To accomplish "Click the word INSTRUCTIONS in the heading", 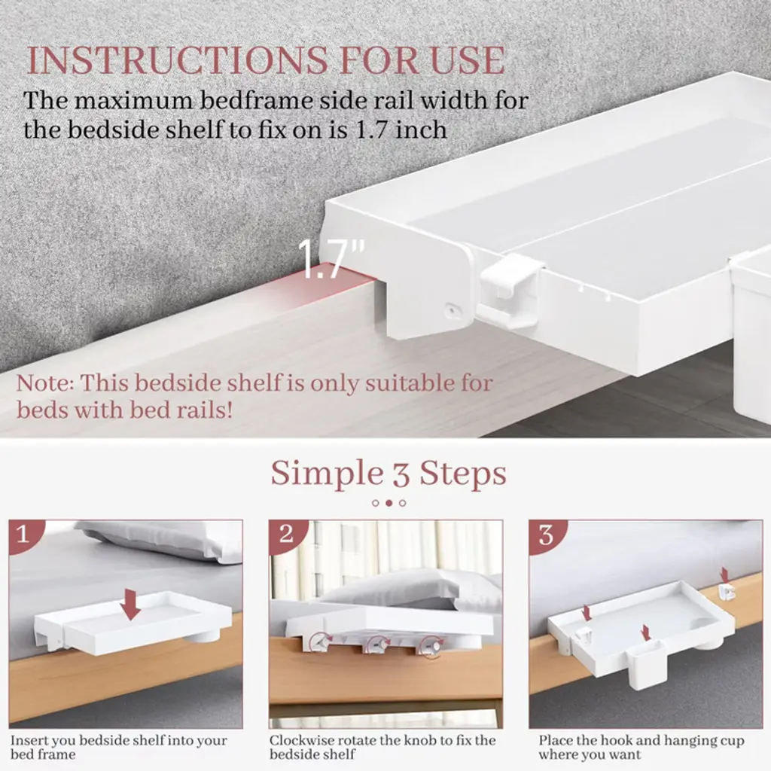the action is (x=177, y=60).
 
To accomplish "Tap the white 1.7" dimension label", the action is (x=331, y=259).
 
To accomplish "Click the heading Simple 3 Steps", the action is (x=389, y=473).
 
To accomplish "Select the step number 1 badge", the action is (x=23, y=534).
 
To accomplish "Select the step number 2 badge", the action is (x=285, y=534).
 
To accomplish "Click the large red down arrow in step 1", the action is (x=130, y=603).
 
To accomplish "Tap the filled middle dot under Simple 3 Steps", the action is (x=389, y=503).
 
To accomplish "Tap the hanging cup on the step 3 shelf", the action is (x=645, y=664).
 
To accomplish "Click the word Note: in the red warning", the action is (x=44, y=383).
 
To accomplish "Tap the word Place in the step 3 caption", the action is (x=556, y=741).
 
